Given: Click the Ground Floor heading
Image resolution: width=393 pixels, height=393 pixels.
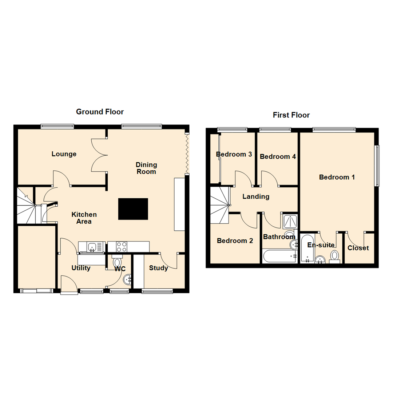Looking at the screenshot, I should point(100,112).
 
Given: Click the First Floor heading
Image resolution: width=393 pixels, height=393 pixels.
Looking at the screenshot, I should point(291,115).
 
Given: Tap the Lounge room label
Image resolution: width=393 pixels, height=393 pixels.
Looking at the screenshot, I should point(64,154).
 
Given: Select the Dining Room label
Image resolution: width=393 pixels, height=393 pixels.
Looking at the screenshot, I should point(146,168).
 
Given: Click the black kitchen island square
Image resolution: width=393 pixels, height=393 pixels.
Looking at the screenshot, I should point(133,209).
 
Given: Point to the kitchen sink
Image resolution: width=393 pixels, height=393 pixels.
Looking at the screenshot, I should point(92,247).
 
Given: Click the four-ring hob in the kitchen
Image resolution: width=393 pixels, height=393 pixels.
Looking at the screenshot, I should point(122,247).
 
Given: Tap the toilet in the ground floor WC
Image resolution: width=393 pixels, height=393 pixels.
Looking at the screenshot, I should point(118,262).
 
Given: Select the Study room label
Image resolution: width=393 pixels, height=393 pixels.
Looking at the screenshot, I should point(159,268).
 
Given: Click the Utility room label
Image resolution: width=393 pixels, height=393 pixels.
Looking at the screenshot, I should point(81,268).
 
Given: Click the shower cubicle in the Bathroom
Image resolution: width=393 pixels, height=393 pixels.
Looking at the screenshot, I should point(289,221).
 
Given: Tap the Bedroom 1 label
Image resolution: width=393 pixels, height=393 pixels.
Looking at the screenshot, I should point(337,177).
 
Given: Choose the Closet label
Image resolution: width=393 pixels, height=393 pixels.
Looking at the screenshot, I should point(358,248).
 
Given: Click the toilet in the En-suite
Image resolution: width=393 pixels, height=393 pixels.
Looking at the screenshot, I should point(334,256).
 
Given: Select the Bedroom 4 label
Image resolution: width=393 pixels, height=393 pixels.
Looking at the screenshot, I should point(278,156).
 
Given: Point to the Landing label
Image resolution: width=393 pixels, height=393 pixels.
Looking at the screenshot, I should point(256,196).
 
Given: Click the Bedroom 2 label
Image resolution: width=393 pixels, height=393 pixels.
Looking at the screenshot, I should point(234,241).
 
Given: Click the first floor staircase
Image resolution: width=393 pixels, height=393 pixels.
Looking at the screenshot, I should point(220,206).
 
